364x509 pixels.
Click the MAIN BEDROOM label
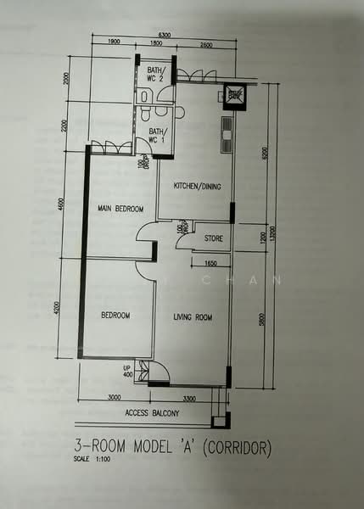118,208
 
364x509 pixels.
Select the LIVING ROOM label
193,317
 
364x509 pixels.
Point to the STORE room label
214,239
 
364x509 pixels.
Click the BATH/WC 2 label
155,75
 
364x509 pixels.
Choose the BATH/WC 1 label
159,135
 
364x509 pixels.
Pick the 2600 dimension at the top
207,43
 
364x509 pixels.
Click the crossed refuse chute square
235,97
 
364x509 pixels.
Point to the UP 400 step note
128,371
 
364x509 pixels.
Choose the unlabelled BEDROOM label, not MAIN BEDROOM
115,316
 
